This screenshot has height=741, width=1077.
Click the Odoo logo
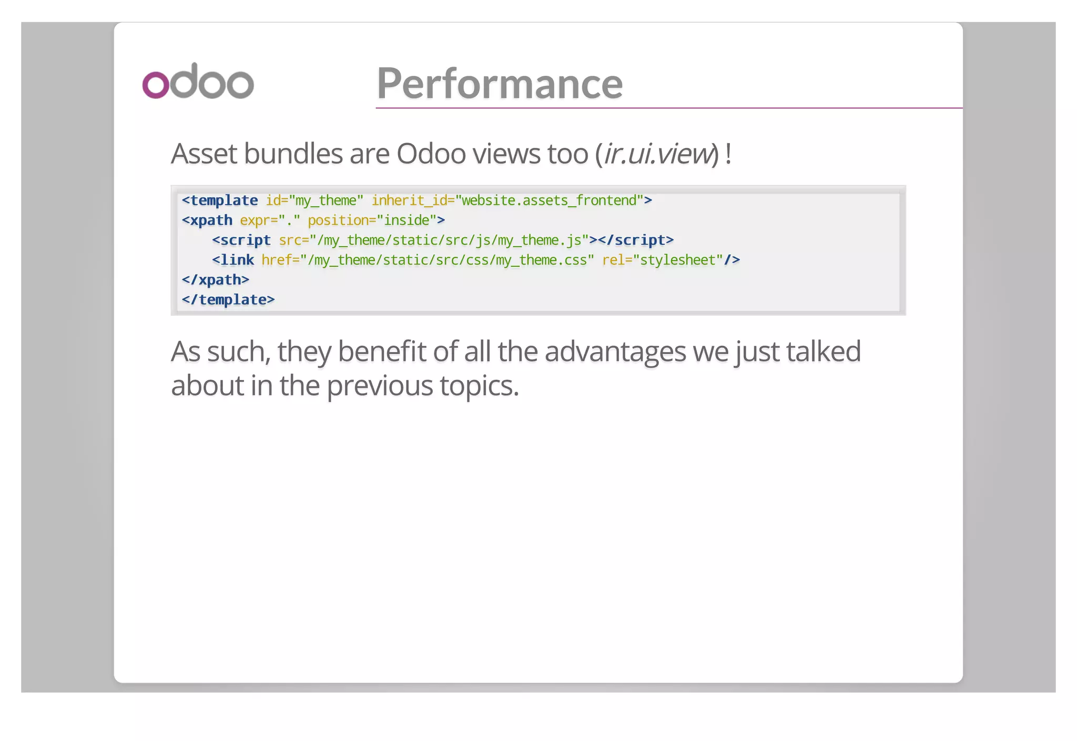[198, 82]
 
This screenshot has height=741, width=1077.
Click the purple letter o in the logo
[156, 85]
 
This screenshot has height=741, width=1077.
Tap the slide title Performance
[500, 83]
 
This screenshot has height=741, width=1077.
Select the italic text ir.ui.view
[657, 154]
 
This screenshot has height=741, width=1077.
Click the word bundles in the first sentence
[293, 154]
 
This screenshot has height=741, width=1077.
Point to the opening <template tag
[220, 201]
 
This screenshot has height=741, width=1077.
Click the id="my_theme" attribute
[314, 201]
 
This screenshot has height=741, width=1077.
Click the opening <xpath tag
[207, 221]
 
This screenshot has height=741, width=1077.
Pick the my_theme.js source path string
[449, 241]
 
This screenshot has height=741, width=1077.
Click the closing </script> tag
[636, 241]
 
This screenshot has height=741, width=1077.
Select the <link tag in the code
[233, 261]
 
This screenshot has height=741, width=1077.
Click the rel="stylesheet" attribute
[663, 261]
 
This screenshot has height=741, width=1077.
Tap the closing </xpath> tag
[216, 280]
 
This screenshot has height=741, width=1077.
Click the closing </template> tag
[228, 300]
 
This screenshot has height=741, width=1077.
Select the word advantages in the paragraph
[615, 352]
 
